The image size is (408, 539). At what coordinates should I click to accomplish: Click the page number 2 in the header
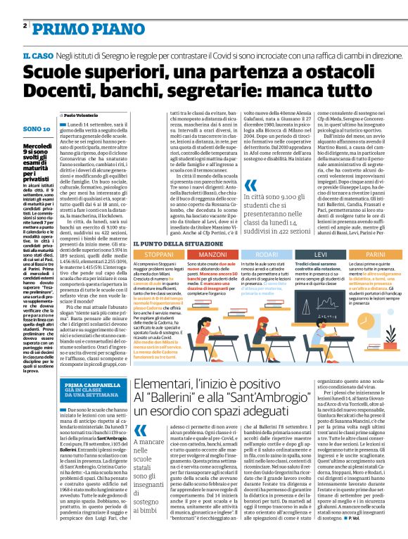25,26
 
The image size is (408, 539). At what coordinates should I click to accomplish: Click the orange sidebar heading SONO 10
37,129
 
